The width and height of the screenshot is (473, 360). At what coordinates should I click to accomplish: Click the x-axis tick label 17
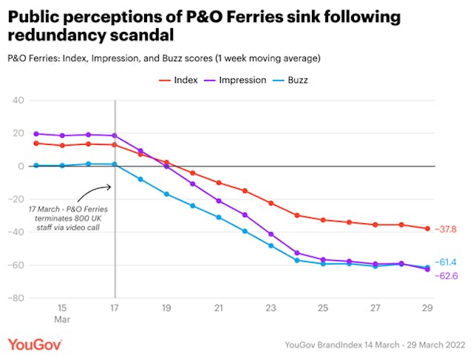(115, 307)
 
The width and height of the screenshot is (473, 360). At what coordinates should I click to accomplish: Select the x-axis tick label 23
(270, 307)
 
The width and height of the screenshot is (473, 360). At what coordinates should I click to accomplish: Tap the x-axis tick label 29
(426, 307)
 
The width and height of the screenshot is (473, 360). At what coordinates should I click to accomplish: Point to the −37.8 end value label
(446, 229)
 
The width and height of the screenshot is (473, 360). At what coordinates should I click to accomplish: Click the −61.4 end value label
(446, 262)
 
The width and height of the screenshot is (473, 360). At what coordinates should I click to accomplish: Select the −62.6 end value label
(446, 276)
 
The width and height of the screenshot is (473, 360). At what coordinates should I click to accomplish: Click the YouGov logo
(35, 344)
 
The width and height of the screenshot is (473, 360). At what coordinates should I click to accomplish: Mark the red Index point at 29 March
(426, 228)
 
